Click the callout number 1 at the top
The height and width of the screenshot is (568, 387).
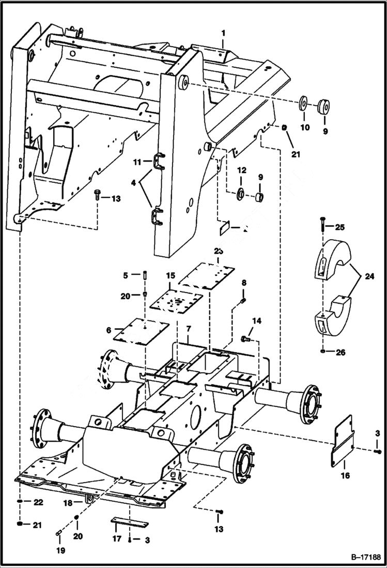[x=223, y=33]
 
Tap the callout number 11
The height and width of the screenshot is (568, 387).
[x=137, y=162]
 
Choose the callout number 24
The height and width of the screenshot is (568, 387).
[x=368, y=277]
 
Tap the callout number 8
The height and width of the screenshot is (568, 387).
[x=244, y=283]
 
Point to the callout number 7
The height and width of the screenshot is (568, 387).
[x=189, y=329]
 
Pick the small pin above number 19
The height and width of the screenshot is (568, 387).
[x=58, y=534]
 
